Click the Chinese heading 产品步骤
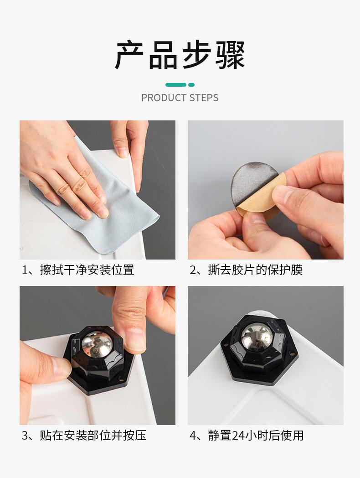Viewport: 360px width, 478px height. coord(180,55)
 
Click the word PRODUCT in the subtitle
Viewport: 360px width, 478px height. coord(164,98)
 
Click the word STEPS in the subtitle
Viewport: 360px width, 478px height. coord(204,98)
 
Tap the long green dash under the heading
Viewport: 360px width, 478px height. coord(176,85)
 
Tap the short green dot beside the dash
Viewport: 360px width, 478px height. coord(191,85)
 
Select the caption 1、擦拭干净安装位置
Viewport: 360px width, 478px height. coord(78,270)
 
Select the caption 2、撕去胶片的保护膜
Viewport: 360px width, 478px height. coord(246,270)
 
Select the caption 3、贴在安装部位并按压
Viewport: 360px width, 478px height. coord(84,435)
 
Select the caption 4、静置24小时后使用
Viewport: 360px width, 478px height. coord(247,435)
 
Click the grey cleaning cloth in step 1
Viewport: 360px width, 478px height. coord(122,213)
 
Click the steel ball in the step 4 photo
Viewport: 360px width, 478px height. coord(257,337)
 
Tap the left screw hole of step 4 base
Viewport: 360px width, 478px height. coord(226,345)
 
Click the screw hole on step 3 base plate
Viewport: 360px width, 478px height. coord(122,379)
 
